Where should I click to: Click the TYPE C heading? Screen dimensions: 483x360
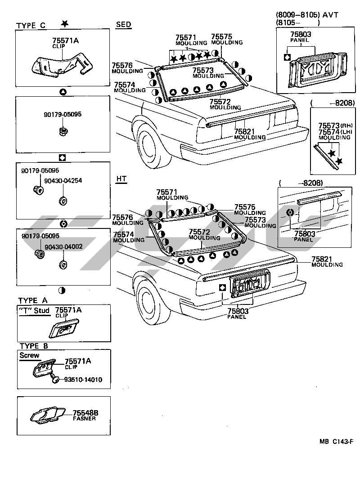point(31,25)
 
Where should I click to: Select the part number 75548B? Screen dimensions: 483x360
point(85,412)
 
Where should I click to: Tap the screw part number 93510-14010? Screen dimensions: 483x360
point(83,380)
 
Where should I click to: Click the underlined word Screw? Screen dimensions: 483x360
point(29,355)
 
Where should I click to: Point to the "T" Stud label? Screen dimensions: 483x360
point(34,310)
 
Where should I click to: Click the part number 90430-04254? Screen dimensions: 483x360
point(63,181)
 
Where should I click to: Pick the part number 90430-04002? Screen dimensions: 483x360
point(63,247)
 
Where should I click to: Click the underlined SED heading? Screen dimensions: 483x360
point(123,25)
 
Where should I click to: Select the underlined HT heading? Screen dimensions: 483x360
point(121,179)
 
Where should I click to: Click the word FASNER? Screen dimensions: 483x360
point(84,419)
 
